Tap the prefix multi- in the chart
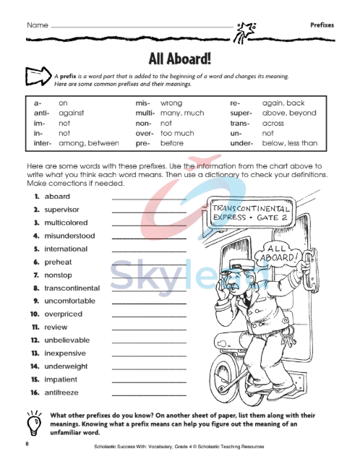tap(145, 113)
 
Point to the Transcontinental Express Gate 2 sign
tap(249, 211)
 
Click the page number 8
tap(26, 442)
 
